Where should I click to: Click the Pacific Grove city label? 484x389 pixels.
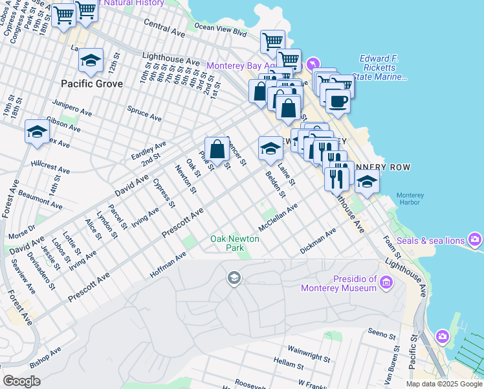(x=87, y=84)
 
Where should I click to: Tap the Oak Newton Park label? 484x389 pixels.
(x=235, y=243)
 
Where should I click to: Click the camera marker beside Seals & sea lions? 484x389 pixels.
(x=476, y=241)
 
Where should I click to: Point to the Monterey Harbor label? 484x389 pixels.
(x=410, y=198)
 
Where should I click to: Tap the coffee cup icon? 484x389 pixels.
(x=338, y=100)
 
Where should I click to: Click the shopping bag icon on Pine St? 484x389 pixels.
(x=217, y=149)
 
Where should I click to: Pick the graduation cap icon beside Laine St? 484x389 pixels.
(x=270, y=148)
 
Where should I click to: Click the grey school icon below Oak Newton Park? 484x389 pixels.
(x=234, y=279)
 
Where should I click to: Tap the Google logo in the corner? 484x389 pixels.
(x=21, y=381)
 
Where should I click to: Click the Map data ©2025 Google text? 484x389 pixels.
(x=444, y=384)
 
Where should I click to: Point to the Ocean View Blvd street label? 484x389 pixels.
(x=221, y=31)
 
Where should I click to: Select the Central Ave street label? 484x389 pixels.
(x=164, y=27)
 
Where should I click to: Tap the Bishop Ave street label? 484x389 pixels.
(x=45, y=357)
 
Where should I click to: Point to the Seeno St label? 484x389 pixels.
(x=381, y=335)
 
